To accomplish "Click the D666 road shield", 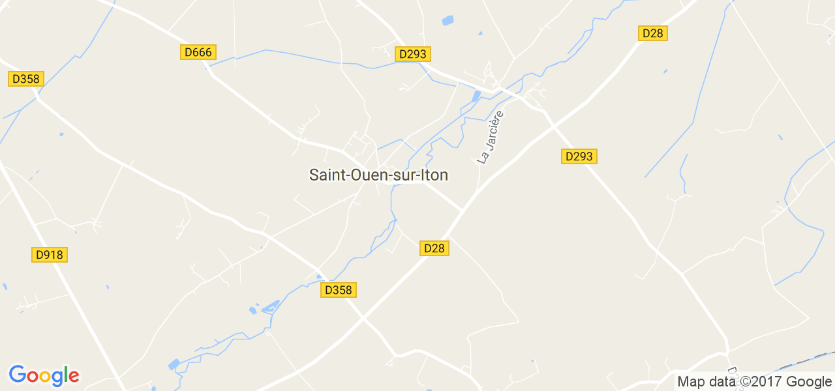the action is pos(198,52).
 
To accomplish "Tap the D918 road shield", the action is pos(50,255).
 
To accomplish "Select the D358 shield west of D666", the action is pos(26,79).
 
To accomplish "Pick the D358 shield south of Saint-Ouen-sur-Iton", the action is pos(339,290).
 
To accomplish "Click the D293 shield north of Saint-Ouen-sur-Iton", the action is pos(413,54).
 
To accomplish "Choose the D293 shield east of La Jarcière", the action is pos(579,156).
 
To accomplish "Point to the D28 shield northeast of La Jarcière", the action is pos(653,33).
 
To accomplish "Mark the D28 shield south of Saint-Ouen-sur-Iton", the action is pos(434,248).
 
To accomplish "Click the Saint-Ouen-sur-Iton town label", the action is pos(378,175).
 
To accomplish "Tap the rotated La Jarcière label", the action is pos(491,138).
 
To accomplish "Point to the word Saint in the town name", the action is pos(326,175).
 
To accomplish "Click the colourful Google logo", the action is pos(44,375).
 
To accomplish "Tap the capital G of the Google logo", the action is pos(17,375).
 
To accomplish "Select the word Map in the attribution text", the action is pos(691,382).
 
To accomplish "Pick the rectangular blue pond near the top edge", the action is pos(448,20).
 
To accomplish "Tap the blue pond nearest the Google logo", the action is pos(174,364).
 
